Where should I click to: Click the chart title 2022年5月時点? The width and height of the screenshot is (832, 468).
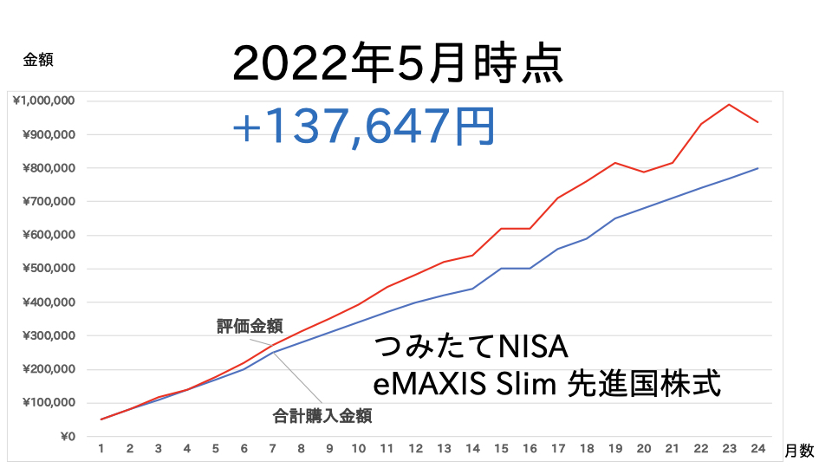tap(398, 63)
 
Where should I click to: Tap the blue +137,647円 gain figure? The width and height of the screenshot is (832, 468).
tap(363, 127)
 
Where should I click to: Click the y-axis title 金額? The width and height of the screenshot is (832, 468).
tap(38, 60)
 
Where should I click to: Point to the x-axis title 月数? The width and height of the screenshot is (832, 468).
tap(799, 451)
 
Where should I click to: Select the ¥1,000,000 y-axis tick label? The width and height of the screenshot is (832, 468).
tap(43, 101)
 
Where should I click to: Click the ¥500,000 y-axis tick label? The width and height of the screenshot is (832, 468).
tap(49, 269)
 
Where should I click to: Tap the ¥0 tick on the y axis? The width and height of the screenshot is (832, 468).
tap(68, 437)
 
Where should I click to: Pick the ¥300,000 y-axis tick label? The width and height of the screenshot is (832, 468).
tap(49, 336)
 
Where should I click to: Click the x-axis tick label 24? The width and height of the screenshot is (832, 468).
tap(757, 449)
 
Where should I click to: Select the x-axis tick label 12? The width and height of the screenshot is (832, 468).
tap(415, 449)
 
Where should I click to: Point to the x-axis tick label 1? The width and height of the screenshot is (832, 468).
tap(101, 449)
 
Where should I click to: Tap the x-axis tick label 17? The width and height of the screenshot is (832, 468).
tap(558, 449)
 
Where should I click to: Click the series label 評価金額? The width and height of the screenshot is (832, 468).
tap(250, 326)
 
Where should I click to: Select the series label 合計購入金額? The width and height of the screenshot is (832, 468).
tap(322, 416)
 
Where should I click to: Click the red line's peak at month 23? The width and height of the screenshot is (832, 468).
tap(729, 105)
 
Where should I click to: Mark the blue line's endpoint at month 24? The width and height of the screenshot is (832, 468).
tap(757, 168)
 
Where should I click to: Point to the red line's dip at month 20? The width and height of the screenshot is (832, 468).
tap(644, 172)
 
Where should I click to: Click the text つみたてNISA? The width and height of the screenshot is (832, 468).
tap(471, 347)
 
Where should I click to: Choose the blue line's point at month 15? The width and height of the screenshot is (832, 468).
tap(502, 269)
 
